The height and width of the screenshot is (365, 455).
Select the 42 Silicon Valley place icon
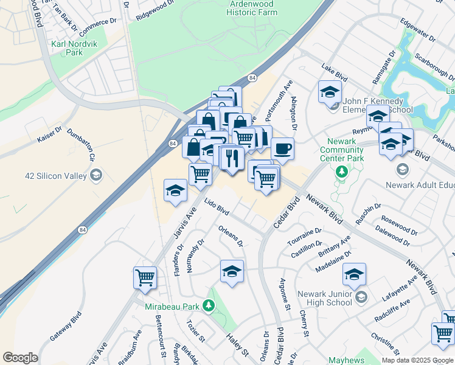click(96, 176)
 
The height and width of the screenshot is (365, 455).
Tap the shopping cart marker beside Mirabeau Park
click(145, 277)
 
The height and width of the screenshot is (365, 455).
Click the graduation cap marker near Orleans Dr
click(232, 271)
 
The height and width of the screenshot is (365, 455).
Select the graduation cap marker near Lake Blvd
click(330, 92)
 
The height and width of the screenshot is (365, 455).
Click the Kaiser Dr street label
click(50, 135)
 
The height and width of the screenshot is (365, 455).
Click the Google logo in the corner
click(20, 358)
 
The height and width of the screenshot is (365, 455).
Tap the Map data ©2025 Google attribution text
click(417, 360)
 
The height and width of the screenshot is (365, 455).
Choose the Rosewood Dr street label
click(399, 222)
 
